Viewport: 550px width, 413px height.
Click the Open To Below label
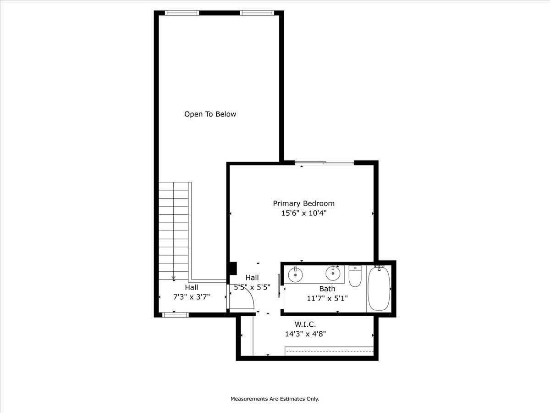coord(210,114)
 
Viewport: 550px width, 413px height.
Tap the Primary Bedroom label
coord(303,203)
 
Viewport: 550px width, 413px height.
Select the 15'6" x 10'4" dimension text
coord(303,213)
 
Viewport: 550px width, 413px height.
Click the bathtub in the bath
coord(379,289)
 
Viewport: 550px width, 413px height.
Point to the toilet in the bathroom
coord(355,276)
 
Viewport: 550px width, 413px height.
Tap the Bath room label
coord(327,289)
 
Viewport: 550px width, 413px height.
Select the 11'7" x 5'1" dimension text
coord(327,298)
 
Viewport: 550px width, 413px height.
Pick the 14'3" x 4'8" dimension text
coord(305,334)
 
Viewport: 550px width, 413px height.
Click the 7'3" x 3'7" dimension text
coord(191,297)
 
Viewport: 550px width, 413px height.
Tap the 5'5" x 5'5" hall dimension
coord(252,287)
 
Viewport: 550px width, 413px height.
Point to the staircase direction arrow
coord(173,278)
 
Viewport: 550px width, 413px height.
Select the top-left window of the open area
coord(182,13)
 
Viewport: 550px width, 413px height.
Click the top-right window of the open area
coord(257,13)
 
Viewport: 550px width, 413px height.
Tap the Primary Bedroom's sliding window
coord(324,162)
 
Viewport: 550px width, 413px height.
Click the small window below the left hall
coord(176,315)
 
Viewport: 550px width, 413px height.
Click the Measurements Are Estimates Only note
coord(275,399)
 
